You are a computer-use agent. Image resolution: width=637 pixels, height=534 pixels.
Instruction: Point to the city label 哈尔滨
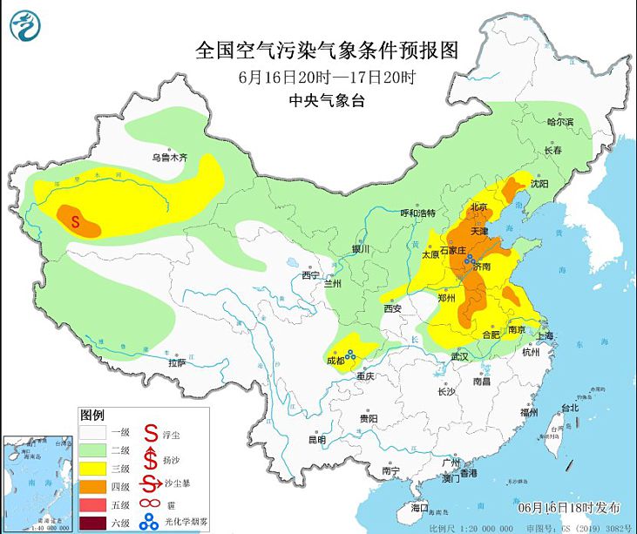pos(560,123)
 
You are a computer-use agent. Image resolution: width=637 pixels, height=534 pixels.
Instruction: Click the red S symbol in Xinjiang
pos(76,221)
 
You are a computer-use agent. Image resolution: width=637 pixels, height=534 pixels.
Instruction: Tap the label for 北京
pos(478,207)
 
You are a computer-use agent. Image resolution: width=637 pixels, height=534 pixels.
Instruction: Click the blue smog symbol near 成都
pos(350,354)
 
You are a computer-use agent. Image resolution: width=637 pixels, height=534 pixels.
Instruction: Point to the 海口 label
pos(420,507)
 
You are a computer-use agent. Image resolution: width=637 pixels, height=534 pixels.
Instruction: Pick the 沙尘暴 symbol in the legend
pos(150,483)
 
